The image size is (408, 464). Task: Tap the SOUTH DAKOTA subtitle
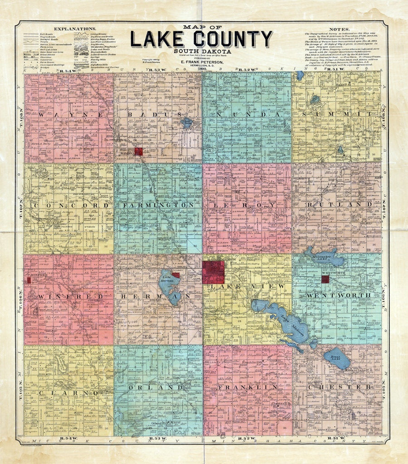click(x=202, y=51)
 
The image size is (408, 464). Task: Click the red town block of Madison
click(x=213, y=272)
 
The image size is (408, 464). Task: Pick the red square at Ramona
click(x=138, y=151)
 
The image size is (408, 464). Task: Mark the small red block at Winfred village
click(x=29, y=280)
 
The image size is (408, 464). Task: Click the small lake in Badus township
click(x=187, y=122)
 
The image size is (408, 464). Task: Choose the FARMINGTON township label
click(x=159, y=205)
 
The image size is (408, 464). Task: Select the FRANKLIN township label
click(x=248, y=388)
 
